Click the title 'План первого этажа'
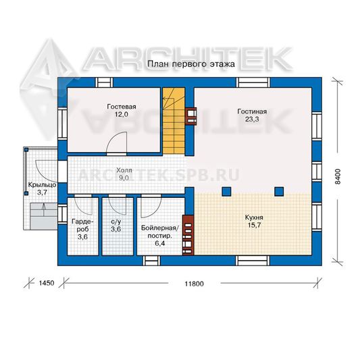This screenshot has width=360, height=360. point(191,64)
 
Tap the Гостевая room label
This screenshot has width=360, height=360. point(122,107)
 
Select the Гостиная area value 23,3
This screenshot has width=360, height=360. point(252,119)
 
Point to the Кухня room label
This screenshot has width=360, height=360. point(254,217)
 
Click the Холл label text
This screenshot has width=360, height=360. point(124,170)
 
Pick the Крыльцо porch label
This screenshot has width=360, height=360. point(42,185)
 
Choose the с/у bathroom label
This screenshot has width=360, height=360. point(116,222)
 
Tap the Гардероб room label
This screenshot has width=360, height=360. point(82,225)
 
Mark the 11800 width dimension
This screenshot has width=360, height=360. point(195,284)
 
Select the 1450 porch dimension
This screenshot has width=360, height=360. point(47,283)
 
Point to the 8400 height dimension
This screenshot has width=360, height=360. point(338,176)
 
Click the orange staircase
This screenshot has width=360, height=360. point(174,121)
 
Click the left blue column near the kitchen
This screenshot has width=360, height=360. point(226,191)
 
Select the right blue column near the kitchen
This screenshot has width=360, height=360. point(279,191)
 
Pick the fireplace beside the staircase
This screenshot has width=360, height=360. point(191,116)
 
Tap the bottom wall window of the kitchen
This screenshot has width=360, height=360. point(253,261)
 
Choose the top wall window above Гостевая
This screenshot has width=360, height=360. point(104,82)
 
